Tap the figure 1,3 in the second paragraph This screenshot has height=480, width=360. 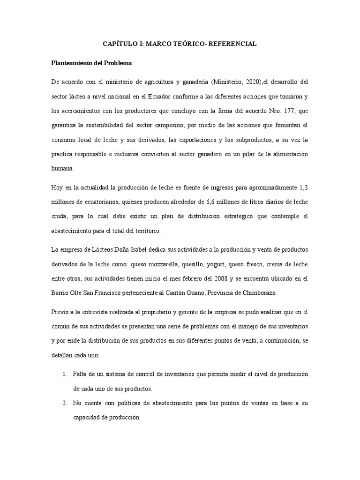302,188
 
